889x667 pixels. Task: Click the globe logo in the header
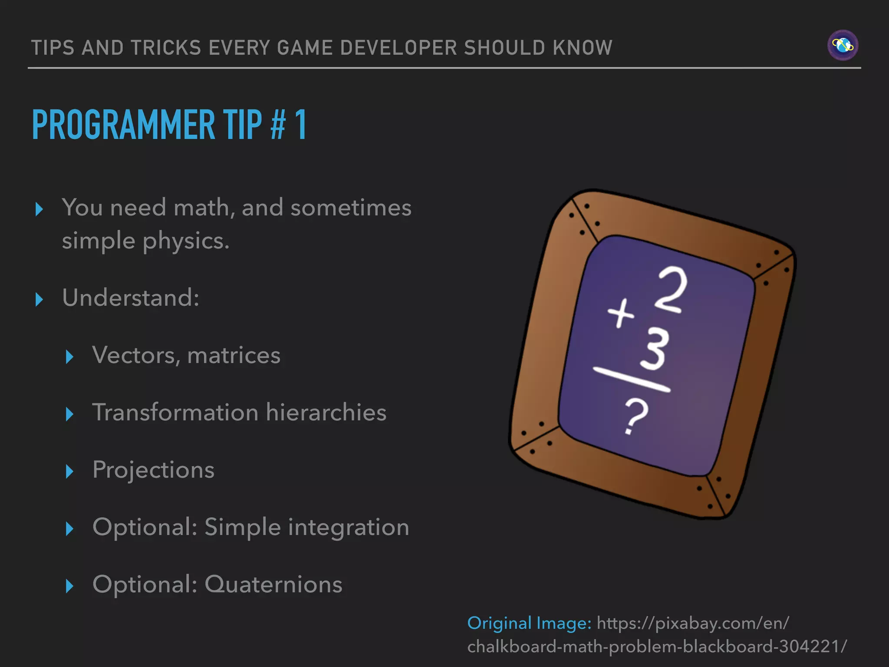pos(843,45)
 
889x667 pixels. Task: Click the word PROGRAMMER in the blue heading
pos(123,125)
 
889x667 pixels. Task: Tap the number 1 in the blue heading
pos(300,125)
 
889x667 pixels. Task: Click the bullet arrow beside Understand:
pos(39,299)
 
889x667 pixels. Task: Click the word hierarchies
pos(326,412)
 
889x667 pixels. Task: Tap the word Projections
pos(153,470)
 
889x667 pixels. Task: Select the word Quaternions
pos(273,584)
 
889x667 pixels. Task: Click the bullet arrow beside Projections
pos(69,471)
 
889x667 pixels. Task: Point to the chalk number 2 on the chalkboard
pos(672,289)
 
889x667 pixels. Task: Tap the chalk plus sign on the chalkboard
pos(621,314)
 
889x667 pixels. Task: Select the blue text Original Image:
pos(529,623)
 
